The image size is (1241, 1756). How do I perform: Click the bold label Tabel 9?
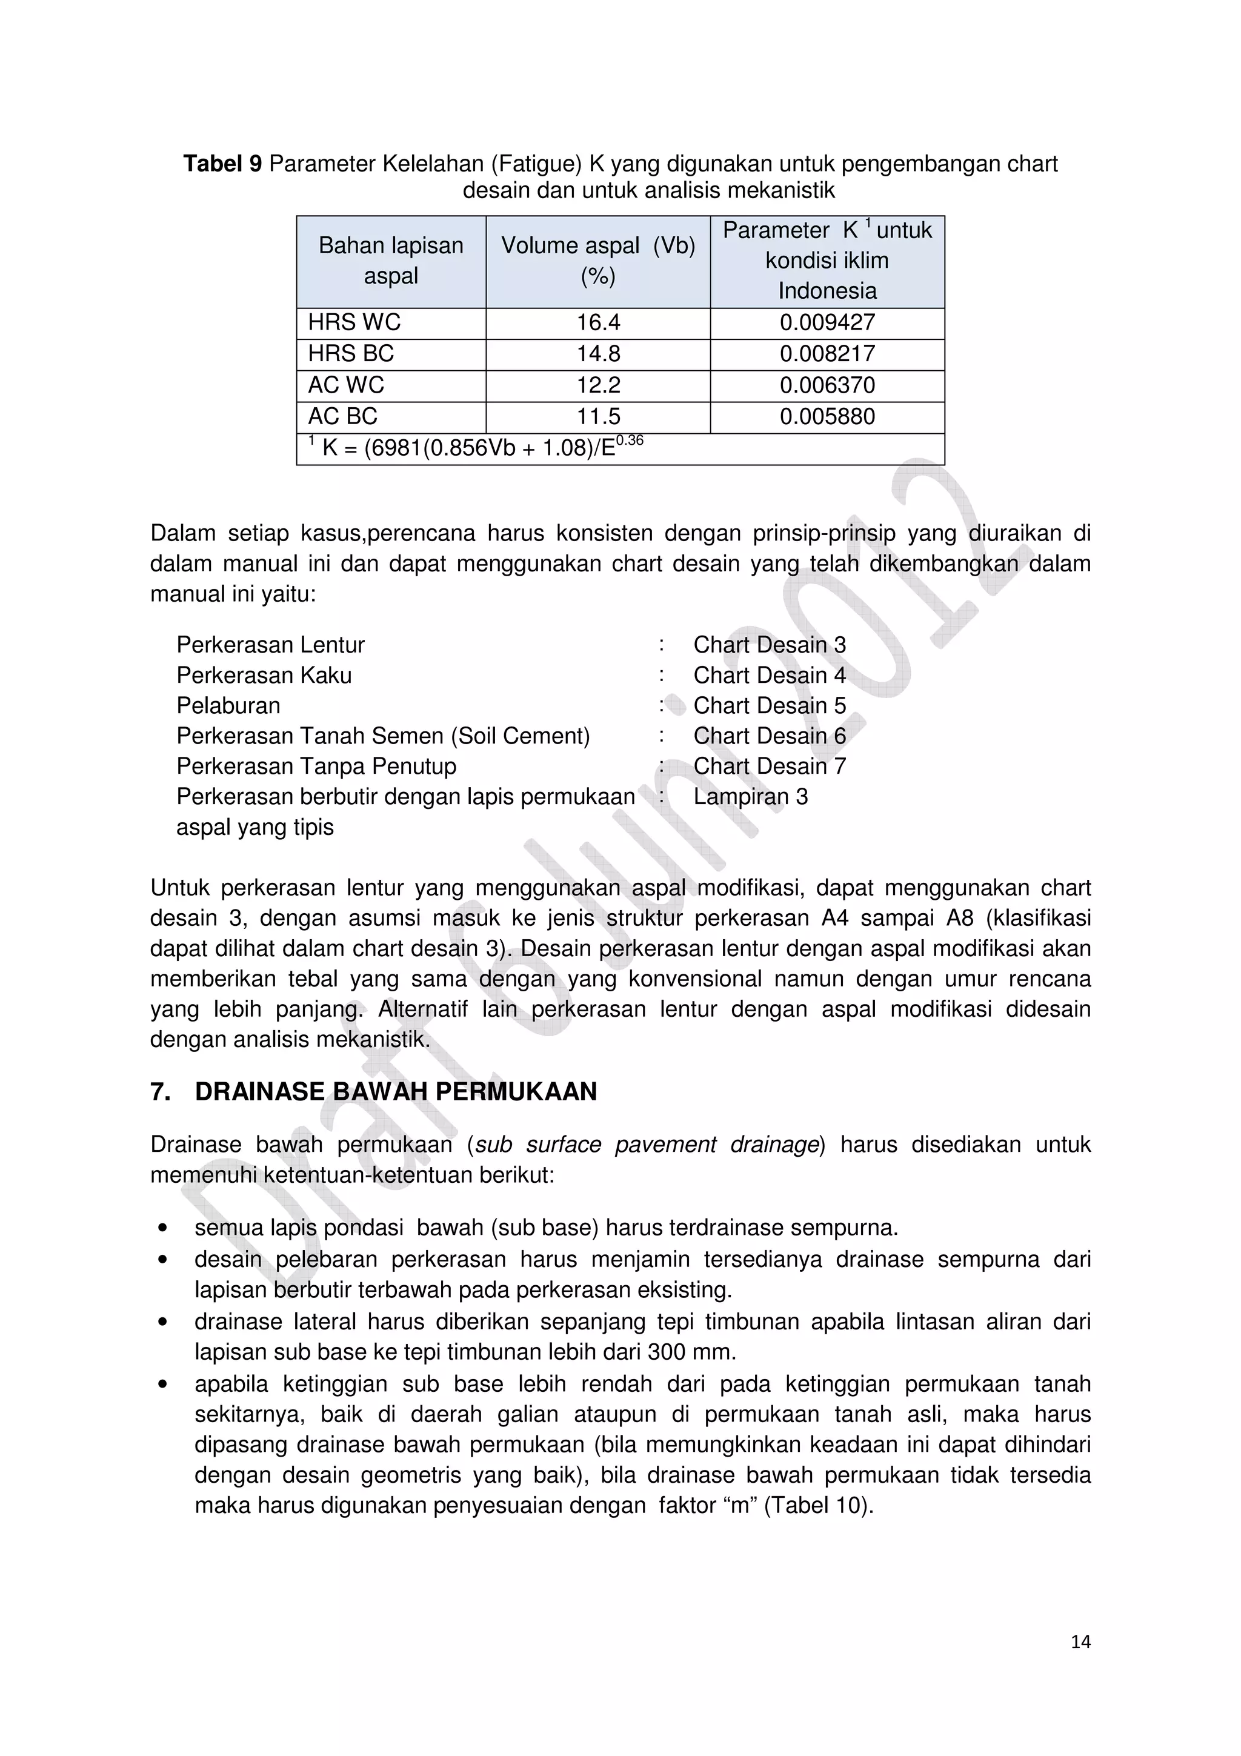coord(222,164)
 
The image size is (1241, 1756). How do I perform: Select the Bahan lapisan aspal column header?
coord(391,261)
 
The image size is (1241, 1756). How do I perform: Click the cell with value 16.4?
coord(598,322)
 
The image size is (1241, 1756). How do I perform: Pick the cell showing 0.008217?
coord(827,353)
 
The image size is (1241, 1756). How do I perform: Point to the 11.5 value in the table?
coord(598,416)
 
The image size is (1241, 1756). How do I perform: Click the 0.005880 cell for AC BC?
coord(827,416)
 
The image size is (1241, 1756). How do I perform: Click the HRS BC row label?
coord(351,353)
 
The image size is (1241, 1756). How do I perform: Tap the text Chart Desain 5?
coord(769,705)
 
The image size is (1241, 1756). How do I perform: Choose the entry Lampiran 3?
coord(750,796)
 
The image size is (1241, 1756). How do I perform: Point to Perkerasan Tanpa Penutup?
coord(316,765)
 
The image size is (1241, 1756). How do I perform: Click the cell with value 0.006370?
coord(827,385)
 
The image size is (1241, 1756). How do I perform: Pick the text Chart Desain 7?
coord(769,765)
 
